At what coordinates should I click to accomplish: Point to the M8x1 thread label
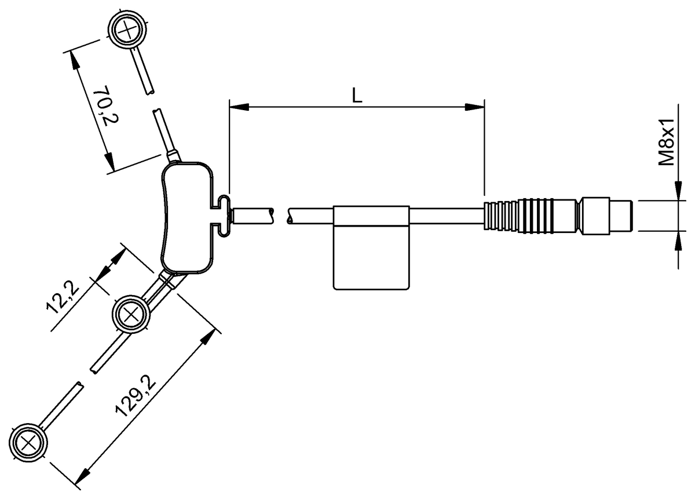[x=669, y=143]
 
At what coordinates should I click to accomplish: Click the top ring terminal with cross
[x=126, y=30]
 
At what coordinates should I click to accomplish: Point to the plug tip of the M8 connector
[x=623, y=216]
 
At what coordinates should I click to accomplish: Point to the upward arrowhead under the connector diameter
[x=677, y=239]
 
